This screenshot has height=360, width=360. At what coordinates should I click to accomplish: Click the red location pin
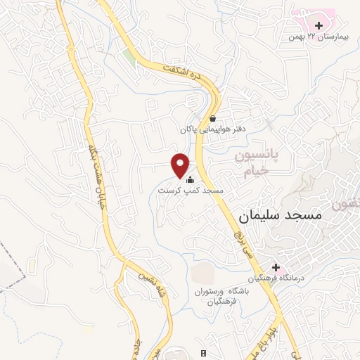pyautogui.click(x=181, y=165)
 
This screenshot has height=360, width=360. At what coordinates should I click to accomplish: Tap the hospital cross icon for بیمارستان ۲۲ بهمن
pyautogui.click(x=319, y=25)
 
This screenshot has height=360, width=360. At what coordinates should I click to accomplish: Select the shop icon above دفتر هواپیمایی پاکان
pyautogui.click(x=213, y=119)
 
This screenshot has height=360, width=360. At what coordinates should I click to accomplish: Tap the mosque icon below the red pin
pyautogui.click(x=189, y=179)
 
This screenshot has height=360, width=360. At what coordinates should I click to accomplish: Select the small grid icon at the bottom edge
pyautogui.click(x=204, y=353)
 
